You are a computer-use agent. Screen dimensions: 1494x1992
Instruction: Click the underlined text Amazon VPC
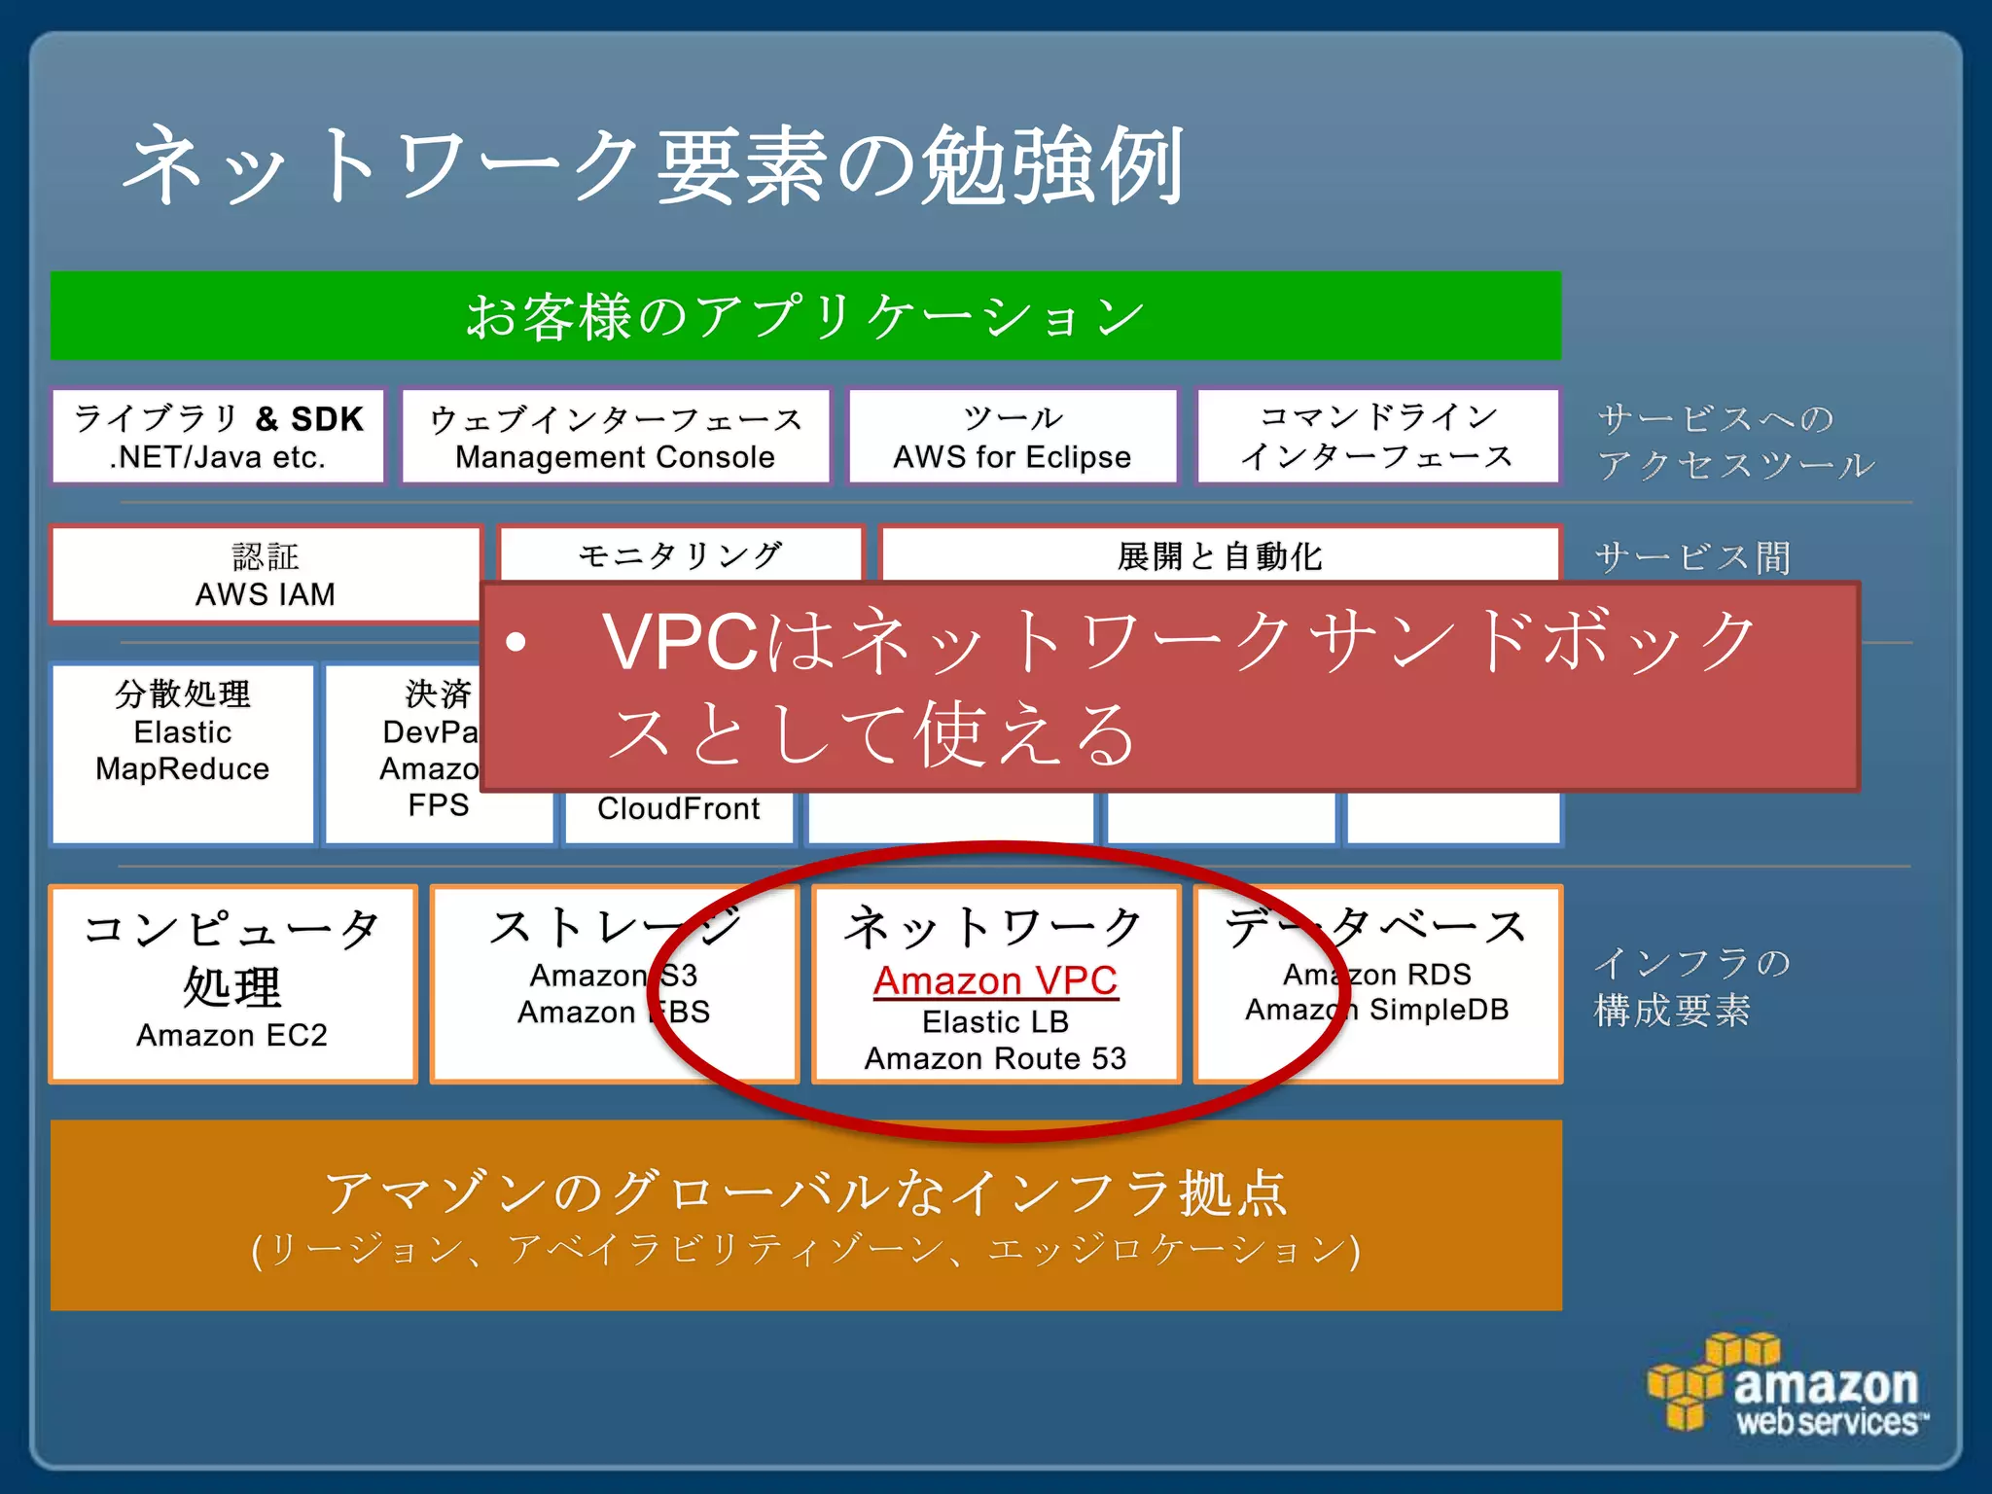coord(995,980)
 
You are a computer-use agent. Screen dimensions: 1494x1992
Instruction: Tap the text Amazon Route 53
coord(995,1058)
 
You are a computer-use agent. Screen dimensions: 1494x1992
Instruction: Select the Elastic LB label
coord(995,1021)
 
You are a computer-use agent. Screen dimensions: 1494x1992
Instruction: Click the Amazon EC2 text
coord(231,1035)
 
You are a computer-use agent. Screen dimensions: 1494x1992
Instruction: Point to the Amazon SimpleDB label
coord(1376,1010)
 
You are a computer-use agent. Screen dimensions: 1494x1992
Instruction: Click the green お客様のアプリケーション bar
coord(805,316)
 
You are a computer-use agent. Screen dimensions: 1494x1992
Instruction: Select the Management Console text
coord(615,457)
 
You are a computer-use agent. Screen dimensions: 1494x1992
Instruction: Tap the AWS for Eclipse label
coord(1012,457)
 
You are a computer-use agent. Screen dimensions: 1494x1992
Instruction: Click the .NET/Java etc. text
coord(218,457)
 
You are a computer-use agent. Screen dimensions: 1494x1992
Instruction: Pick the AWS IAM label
coord(265,594)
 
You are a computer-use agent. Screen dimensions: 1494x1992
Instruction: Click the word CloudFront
coord(678,808)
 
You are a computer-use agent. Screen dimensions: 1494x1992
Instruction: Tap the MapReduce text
coord(182,769)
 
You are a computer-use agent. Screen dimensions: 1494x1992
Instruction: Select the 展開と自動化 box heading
coord(1220,556)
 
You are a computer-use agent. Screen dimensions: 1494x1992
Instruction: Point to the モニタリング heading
coord(680,556)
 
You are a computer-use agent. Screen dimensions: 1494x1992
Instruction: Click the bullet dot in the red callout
coord(516,642)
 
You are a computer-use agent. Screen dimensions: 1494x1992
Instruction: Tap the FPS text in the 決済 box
coord(438,805)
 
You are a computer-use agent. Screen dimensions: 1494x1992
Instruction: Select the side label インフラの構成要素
coord(1690,986)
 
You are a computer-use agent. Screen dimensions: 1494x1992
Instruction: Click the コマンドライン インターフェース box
coord(1377,437)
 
